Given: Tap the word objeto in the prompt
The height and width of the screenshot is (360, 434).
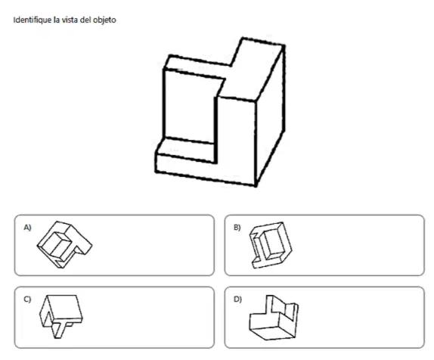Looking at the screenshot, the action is point(104,20).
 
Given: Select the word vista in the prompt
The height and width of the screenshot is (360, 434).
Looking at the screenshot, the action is point(70,20).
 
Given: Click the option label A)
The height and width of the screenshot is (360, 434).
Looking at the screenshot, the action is point(27,228).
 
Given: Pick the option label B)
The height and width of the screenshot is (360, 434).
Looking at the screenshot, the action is point(237,228).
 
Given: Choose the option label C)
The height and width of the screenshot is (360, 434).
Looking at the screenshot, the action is point(27,299).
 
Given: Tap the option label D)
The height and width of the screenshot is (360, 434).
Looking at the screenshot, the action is point(237,299).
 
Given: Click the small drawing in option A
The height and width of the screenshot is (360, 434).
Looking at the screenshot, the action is point(64,244).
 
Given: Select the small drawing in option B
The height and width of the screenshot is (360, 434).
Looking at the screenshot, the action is point(271,245).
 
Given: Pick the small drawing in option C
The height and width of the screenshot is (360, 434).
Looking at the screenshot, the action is point(61,316).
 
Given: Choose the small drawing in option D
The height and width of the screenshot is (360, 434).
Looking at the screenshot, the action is point(274,318).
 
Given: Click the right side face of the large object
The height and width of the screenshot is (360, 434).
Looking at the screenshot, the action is point(270,116).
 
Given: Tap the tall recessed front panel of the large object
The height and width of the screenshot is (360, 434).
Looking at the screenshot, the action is point(190,107).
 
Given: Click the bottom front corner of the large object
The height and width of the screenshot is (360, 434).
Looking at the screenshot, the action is point(256,185).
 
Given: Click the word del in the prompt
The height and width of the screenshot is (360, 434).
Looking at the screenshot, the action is point(85,20).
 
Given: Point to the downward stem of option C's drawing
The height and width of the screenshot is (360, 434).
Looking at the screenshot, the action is point(59,331).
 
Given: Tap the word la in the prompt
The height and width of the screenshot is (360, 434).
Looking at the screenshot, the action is point(57,20).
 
